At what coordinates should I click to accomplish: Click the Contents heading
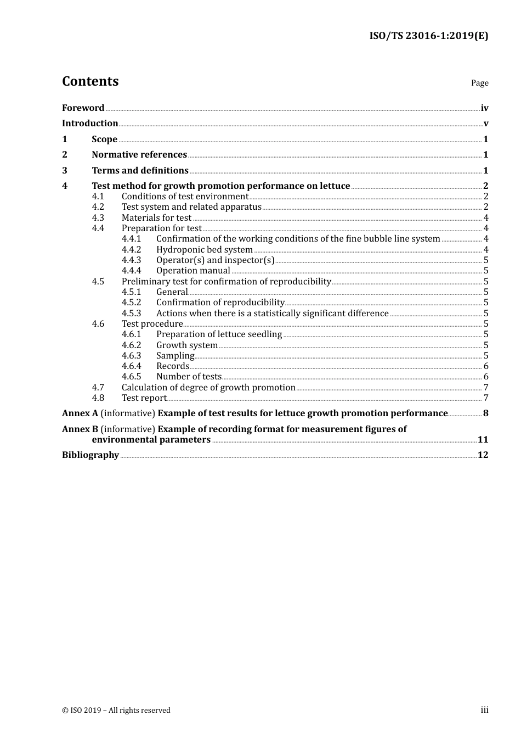click(90, 81)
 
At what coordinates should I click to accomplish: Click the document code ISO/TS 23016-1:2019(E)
click(428, 36)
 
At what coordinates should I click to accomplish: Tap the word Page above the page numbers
click(479, 83)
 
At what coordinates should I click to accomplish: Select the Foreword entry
click(83, 108)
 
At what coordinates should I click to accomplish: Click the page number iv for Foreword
click(484, 108)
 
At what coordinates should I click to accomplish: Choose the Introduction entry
click(90, 124)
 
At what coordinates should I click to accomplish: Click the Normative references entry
click(139, 155)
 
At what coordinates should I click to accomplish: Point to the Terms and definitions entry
click(140, 171)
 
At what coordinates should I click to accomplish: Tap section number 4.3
click(98, 218)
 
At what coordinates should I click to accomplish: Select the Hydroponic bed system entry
click(204, 250)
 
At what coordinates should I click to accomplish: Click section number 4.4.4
click(131, 271)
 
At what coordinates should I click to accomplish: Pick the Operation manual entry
click(193, 271)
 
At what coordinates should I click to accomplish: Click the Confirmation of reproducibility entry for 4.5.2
click(220, 303)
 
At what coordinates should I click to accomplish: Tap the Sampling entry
click(175, 356)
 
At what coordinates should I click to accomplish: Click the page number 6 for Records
click(486, 366)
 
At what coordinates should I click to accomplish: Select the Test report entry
click(144, 398)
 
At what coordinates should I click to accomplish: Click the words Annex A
click(80, 413)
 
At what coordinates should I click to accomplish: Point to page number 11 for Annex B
click(483, 440)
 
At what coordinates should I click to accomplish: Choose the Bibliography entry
click(90, 455)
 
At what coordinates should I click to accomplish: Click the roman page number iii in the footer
click(484, 710)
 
